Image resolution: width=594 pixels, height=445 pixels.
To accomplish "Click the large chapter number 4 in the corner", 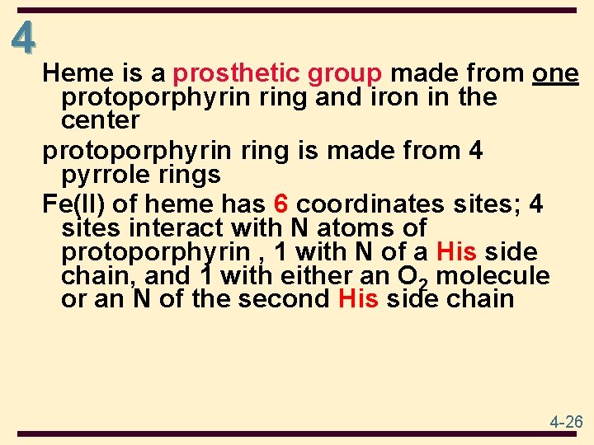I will [x=25, y=37].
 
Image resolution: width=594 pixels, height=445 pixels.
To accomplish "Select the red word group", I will [x=345, y=74].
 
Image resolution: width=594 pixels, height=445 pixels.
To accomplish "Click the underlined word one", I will [x=555, y=74].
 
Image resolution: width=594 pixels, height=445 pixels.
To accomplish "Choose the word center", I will [x=101, y=120].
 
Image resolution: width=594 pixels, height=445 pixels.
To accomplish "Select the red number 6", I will [x=280, y=204].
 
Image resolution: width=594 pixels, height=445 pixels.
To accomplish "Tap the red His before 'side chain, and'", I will [x=456, y=251].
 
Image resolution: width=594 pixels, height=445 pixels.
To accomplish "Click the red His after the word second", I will [x=358, y=298].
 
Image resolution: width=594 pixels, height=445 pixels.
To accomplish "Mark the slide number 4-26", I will [x=567, y=422].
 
